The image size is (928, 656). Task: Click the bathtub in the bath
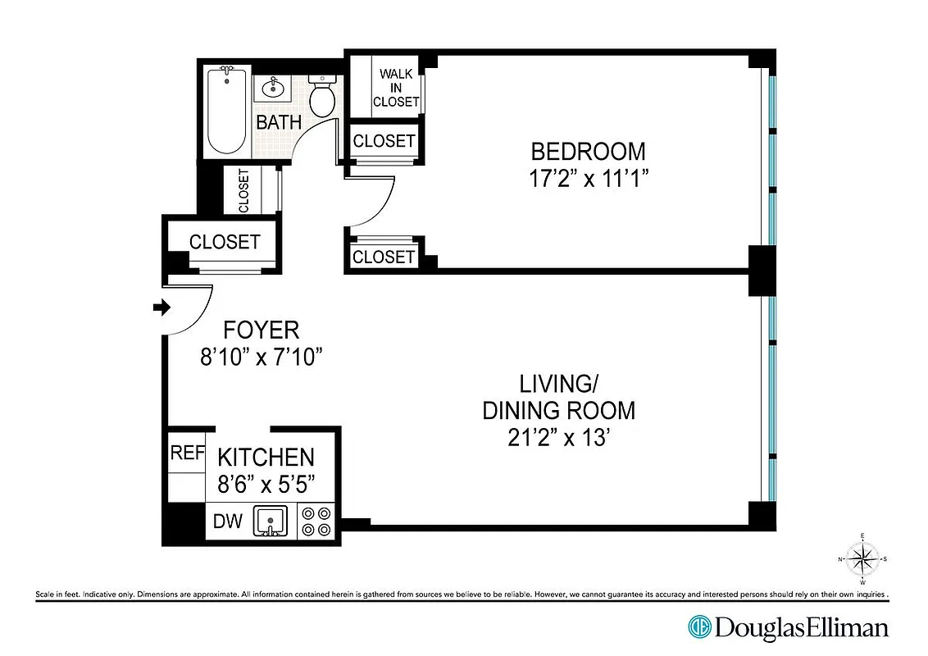pyautogui.click(x=225, y=112)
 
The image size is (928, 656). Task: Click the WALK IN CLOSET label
pyautogui.click(x=396, y=88)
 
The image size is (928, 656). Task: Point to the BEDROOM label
pyautogui.click(x=588, y=152)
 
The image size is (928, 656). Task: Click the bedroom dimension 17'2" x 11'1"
pyautogui.click(x=588, y=178)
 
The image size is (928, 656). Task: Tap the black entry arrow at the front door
pyautogui.click(x=161, y=307)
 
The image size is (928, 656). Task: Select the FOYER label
pyautogui.click(x=262, y=330)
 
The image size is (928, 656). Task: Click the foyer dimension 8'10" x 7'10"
pyautogui.click(x=262, y=357)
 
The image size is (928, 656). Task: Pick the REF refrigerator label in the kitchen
pyautogui.click(x=186, y=453)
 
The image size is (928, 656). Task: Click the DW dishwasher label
pyautogui.click(x=228, y=521)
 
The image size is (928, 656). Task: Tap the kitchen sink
pyautogui.click(x=270, y=521)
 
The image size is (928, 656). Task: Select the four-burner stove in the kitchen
pyautogui.click(x=316, y=521)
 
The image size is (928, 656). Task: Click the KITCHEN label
pyautogui.click(x=265, y=458)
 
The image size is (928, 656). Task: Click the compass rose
pyautogui.click(x=862, y=559)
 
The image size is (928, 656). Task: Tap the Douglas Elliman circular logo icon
pyautogui.click(x=699, y=628)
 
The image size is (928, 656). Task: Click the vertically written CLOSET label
pyautogui.click(x=243, y=190)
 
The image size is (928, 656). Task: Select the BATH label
pyautogui.click(x=279, y=123)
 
